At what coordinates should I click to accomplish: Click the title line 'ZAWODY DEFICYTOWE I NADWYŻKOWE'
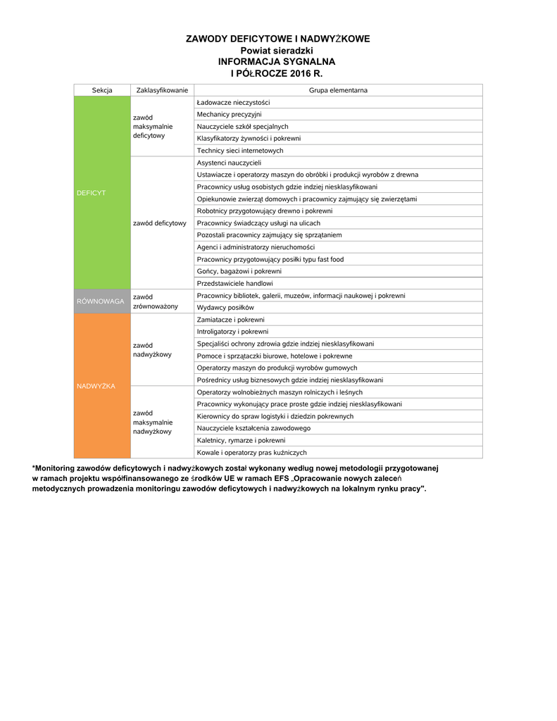tap(277, 39)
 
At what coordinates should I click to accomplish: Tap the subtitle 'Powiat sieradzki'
tap(277, 51)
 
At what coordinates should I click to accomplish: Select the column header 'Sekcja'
tap(102, 90)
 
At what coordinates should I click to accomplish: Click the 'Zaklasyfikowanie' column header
tap(162, 90)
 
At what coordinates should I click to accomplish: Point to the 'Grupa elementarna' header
tap(338, 90)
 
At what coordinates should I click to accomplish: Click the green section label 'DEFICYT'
tap(91, 193)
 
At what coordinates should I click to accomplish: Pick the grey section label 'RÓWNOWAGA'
tap(100, 301)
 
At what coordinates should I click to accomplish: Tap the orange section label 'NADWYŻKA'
tap(96, 386)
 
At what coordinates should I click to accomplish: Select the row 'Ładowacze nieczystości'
tap(233, 103)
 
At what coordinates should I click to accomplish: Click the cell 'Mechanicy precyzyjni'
tap(230, 114)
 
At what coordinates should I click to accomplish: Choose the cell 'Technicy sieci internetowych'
tap(240, 151)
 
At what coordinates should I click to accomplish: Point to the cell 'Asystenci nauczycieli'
tap(229, 163)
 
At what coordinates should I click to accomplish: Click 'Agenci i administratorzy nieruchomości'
tap(256, 247)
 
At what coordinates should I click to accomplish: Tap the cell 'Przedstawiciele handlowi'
tap(234, 283)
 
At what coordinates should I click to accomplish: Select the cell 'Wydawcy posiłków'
tap(225, 308)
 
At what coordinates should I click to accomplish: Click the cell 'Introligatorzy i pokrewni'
tap(232, 332)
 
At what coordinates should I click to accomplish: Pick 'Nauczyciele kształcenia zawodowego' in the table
tap(254, 428)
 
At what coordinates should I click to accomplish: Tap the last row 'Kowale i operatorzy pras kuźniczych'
tap(251, 453)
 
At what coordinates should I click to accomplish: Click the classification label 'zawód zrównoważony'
tap(156, 301)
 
